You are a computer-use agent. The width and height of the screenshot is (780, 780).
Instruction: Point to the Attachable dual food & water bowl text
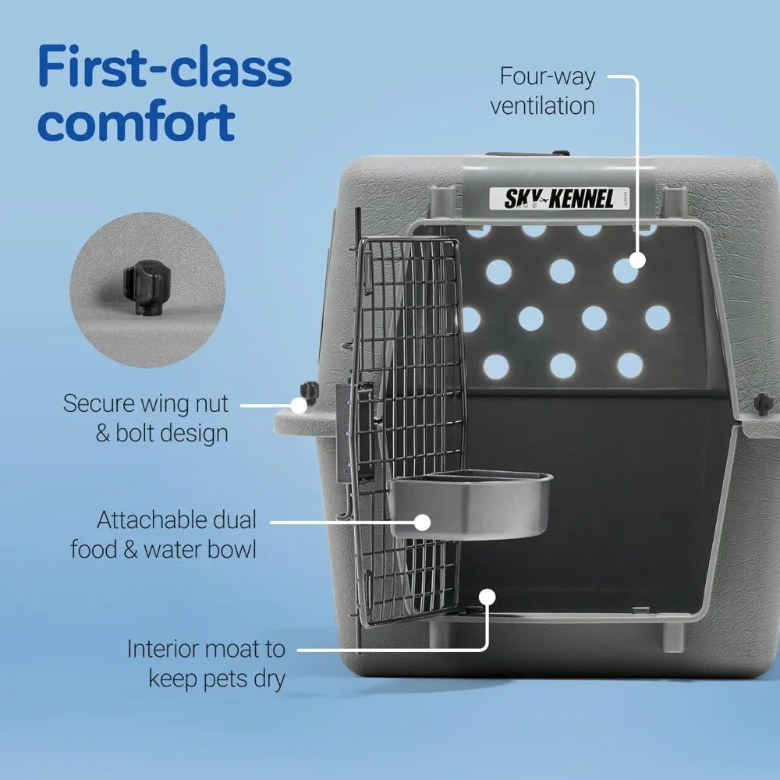[164, 534]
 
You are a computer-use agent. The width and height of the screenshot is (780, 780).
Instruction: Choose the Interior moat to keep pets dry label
[207, 663]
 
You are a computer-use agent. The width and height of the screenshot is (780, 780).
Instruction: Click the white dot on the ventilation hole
[638, 261]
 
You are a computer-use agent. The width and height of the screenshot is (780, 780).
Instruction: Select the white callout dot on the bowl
[422, 523]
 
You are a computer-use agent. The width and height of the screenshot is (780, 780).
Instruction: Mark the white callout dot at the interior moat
[488, 597]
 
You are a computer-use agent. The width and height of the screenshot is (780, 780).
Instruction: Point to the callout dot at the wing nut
[299, 405]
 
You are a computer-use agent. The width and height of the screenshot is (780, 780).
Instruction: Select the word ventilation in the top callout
[543, 105]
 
